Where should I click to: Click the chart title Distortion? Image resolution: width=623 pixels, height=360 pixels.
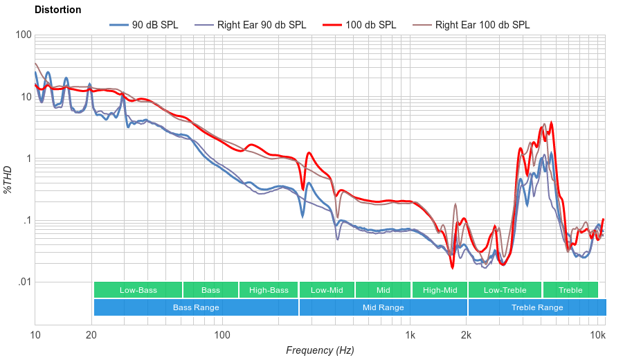coord(57,10)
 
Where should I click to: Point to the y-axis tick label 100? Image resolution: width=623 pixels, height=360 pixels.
coord(23,35)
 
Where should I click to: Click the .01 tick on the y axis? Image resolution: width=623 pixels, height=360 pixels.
coord(24,282)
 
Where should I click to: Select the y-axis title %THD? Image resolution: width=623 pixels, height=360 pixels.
coord(8,180)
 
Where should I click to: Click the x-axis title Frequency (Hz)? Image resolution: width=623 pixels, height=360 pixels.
coord(320,350)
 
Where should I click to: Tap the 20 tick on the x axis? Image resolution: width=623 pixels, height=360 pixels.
coord(91,336)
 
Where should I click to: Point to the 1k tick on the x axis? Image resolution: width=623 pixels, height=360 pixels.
coord(410,336)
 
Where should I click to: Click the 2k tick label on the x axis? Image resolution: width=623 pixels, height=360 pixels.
coord(467,336)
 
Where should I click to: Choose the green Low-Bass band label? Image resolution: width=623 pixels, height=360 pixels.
coord(138,290)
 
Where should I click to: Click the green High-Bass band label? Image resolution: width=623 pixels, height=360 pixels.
coord(269,290)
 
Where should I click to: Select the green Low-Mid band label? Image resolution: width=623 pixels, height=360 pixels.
coord(327,290)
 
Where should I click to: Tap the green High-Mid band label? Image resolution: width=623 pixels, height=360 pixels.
coord(440,290)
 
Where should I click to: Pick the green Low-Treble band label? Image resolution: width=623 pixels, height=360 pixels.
coord(505,290)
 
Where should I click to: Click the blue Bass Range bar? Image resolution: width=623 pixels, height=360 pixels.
coord(196,307)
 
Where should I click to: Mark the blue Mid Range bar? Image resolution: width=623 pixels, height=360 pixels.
coord(383,307)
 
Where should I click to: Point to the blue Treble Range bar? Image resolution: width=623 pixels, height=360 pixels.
coord(536,307)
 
